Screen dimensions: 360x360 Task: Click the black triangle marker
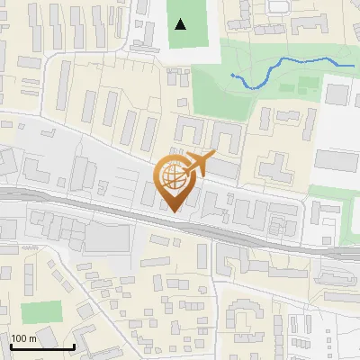point(181,23)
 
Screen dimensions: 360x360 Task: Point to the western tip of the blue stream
point(232,75)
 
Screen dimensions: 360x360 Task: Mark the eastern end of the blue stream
point(353,66)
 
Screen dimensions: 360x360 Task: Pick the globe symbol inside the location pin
point(175,178)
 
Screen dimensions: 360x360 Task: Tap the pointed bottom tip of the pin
point(175,212)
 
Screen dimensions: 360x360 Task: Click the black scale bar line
point(42,346)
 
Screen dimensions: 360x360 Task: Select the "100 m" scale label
point(25,338)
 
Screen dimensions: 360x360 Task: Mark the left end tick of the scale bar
point(11,346)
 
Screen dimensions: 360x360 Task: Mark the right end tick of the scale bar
point(74,346)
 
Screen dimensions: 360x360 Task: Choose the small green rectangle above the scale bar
point(37,313)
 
